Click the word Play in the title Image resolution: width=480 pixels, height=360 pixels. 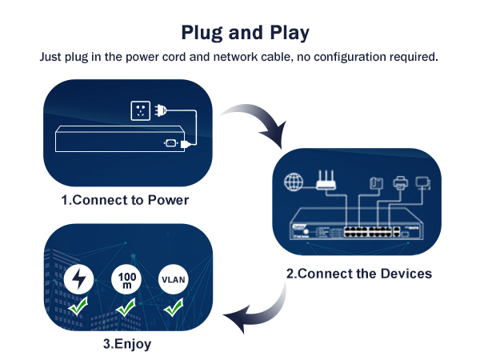(x=285, y=33)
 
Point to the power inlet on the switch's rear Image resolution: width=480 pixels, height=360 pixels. (x=170, y=144)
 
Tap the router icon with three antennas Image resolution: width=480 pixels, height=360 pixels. (x=326, y=181)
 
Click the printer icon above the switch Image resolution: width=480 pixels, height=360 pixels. (x=401, y=183)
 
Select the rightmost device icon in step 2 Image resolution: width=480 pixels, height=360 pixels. (x=425, y=183)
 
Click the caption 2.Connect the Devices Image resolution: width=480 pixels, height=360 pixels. (x=359, y=274)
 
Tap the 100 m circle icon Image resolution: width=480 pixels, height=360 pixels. (x=126, y=280)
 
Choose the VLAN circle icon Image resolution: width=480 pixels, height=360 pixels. (x=173, y=280)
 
